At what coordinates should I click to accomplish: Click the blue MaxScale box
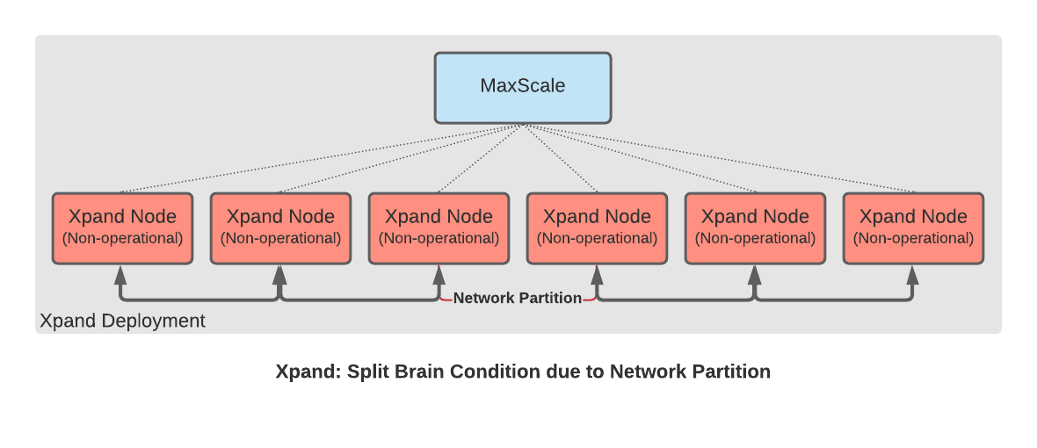pyautogui.click(x=523, y=88)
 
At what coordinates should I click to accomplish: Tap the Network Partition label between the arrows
pyautogui.click(x=517, y=298)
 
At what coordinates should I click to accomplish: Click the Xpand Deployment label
pyautogui.click(x=122, y=322)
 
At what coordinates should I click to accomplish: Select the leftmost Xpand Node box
pyautogui.click(x=122, y=228)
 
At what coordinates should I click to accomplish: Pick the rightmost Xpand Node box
pyautogui.click(x=913, y=228)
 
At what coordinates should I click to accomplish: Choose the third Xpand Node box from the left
pyautogui.click(x=439, y=228)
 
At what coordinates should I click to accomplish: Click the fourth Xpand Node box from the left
pyautogui.click(x=598, y=228)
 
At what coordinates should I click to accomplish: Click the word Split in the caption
pyautogui.click(x=367, y=372)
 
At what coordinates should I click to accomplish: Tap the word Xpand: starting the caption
pyautogui.click(x=308, y=372)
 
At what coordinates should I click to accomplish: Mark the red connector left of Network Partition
pyautogui.click(x=446, y=300)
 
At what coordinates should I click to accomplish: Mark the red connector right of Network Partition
pyautogui.click(x=590, y=300)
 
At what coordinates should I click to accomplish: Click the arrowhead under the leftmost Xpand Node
pyautogui.click(x=121, y=274)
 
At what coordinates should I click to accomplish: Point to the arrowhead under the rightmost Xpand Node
pyautogui.click(x=913, y=274)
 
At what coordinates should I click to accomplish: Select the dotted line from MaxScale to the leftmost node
pyautogui.click(x=322, y=159)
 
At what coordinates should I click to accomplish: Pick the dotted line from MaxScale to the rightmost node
pyautogui.click(x=720, y=159)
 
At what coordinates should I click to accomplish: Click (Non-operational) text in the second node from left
pyautogui.click(x=280, y=239)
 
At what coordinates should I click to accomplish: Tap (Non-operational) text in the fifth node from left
pyautogui.click(x=755, y=239)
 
